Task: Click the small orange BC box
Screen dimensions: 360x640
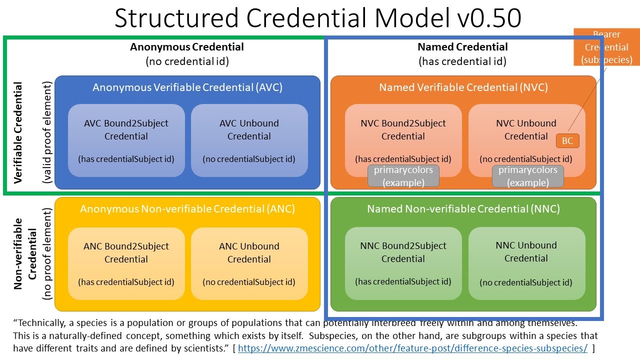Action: coord(567,140)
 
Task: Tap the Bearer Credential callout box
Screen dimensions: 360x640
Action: coord(606,47)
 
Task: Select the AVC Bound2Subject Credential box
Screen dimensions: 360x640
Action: coord(126,140)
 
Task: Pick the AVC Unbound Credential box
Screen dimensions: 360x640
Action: coord(249,140)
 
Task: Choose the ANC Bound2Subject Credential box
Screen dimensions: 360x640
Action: coord(126,263)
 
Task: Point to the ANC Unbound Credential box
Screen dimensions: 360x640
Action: coord(249,263)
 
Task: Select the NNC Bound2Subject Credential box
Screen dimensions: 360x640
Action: coord(403,263)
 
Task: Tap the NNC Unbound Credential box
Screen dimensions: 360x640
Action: coord(526,263)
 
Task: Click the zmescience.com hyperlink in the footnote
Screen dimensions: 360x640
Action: coord(412,348)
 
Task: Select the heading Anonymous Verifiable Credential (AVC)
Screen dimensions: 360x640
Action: coord(187,87)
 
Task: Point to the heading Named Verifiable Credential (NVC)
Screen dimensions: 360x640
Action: coord(463,87)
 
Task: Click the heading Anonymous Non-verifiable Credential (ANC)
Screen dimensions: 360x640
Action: coord(187,209)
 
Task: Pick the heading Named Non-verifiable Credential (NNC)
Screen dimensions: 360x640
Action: coord(463,209)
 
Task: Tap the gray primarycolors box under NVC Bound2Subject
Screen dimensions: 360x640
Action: coord(403,176)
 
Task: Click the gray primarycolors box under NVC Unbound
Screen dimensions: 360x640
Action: coord(528,176)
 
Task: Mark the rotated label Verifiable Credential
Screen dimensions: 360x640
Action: coord(18,133)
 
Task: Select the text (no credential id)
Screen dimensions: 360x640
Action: coord(187,61)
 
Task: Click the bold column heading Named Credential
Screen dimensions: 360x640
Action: coord(462,47)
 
